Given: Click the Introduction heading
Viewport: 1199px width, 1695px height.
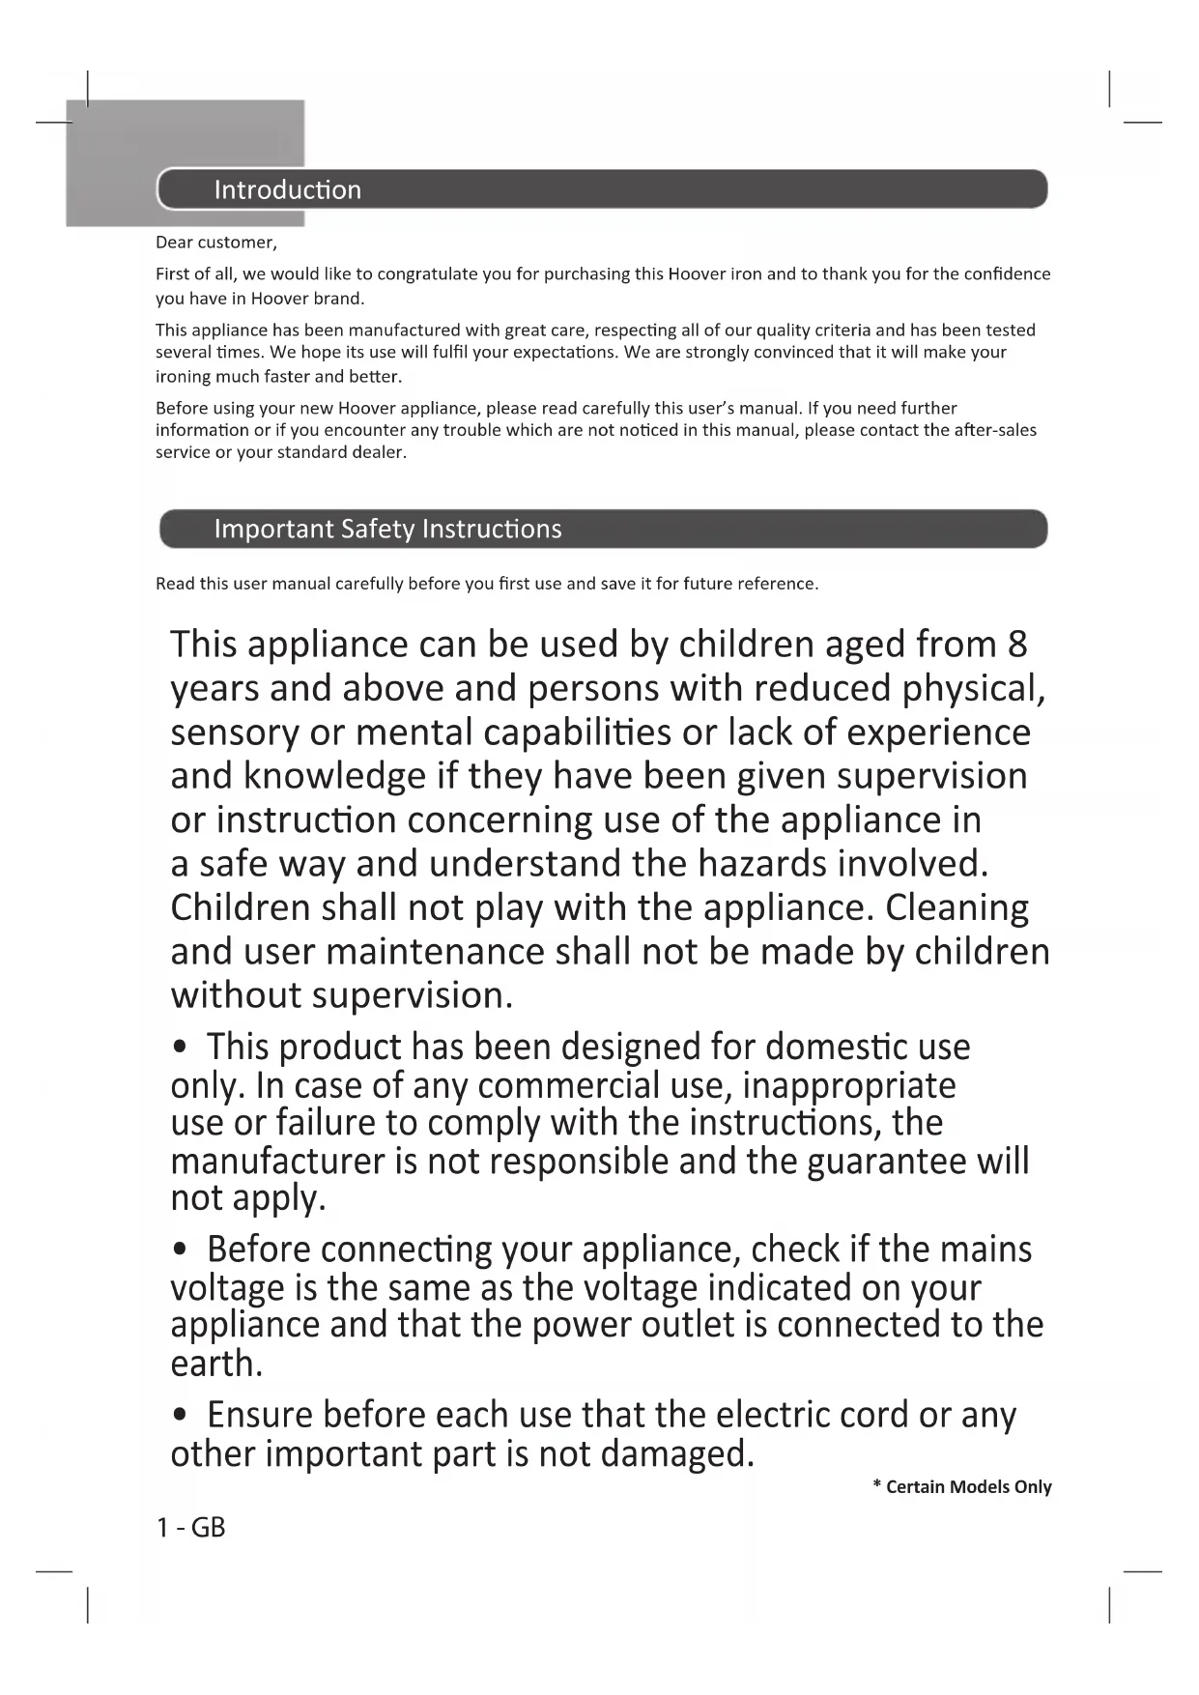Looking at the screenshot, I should pyautogui.click(x=287, y=189).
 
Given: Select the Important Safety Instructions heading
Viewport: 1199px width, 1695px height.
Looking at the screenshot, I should pyautogui.click(x=387, y=529).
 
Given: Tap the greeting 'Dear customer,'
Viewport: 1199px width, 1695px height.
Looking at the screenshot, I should pyautogui.click(x=216, y=243).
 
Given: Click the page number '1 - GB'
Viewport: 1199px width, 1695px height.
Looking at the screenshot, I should pyautogui.click(x=191, y=1528).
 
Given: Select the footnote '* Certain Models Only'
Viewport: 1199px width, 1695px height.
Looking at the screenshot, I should pyautogui.click(x=961, y=1487).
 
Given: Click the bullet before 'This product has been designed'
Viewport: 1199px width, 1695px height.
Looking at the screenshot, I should pyautogui.click(x=179, y=1048).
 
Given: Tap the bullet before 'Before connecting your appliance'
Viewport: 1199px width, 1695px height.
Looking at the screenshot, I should pyautogui.click(x=179, y=1250).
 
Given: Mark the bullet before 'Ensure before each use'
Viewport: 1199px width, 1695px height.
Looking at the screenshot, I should pyautogui.click(x=179, y=1416).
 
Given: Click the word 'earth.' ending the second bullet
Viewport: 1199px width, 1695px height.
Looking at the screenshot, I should pyautogui.click(x=216, y=1364).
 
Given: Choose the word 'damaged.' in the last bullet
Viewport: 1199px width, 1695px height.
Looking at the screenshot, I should pyautogui.click(x=676, y=1453).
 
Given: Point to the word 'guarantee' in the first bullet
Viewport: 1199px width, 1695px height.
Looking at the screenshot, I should pyautogui.click(x=886, y=1161).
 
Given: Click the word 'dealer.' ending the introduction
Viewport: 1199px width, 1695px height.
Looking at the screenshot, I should pyautogui.click(x=380, y=452).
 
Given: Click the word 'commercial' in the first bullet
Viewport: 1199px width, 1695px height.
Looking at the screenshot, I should pyautogui.click(x=568, y=1086).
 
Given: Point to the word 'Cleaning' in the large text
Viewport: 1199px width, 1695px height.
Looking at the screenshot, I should pyautogui.click(x=956, y=908).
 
